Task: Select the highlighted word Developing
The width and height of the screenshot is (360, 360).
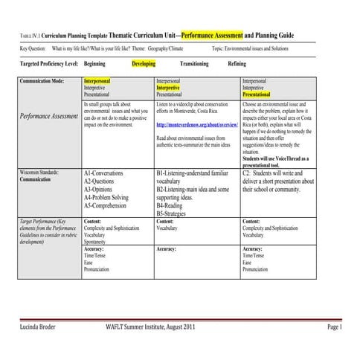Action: [x=144, y=65]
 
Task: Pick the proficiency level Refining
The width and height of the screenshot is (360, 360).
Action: [x=238, y=65]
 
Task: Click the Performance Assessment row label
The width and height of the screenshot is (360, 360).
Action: [x=49, y=117]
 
